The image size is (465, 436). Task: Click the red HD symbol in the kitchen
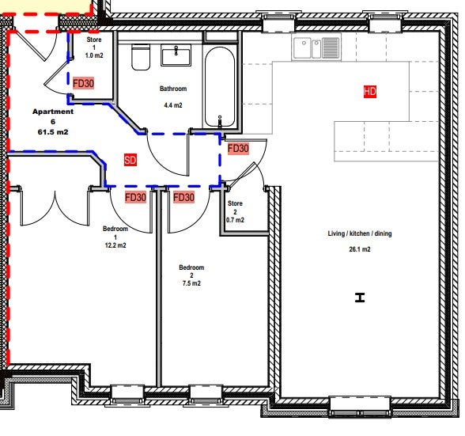(370, 92)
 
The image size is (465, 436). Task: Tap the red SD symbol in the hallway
(130, 161)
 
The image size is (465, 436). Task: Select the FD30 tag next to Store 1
(83, 83)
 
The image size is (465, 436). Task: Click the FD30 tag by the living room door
(238, 149)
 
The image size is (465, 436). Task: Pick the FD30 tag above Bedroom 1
(135, 197)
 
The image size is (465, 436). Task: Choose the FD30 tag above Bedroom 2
(183, 197)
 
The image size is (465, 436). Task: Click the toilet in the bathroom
(141, 57)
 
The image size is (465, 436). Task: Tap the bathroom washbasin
(176, 55)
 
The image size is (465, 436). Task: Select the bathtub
(220, 88)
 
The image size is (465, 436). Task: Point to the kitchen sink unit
(316, 47)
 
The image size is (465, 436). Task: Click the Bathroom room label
(173, 89)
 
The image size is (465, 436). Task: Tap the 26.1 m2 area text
(360, 249)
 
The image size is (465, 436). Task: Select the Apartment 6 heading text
(53, 116)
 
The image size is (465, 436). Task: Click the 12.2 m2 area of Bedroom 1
(115, 245)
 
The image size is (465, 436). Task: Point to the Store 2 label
(235, 207)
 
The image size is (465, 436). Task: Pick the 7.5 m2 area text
(191, 283)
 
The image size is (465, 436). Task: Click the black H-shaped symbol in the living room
(360, 298)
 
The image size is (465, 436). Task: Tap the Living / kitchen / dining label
(360, 233)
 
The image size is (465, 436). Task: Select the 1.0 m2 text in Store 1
(94, 55)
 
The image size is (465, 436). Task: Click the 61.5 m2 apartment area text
(53, 132)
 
